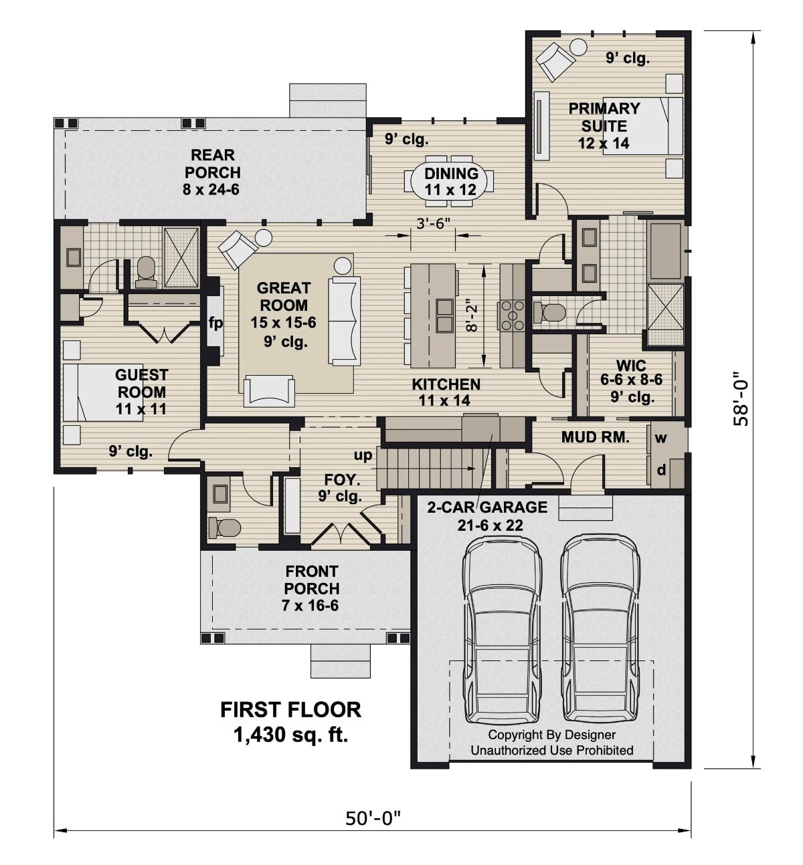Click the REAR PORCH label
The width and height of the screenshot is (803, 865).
coord(213,172)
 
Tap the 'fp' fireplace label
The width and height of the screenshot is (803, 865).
coord(215,323)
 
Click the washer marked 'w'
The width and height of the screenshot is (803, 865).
coord(661,439)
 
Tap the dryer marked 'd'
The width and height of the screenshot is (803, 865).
coord(661,471)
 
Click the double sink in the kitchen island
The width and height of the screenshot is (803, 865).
coord(444,315)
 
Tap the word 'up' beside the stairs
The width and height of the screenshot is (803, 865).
coord(363,455)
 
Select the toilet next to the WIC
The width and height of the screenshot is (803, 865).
coord(553,312)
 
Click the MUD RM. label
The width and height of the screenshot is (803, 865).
coord(595,438)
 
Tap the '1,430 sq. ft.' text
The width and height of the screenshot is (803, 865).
coord(290,735)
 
